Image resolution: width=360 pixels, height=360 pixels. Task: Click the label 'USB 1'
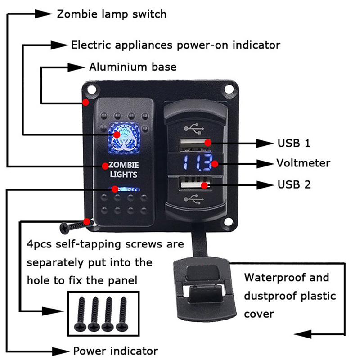click(x=294, y=144)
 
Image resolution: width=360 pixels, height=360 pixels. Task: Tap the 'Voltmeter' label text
click(x=303, y=163)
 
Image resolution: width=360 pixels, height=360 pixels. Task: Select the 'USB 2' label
click(x=294, y=184)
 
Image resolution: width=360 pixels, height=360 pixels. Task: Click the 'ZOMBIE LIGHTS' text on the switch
click(x=123, y=170)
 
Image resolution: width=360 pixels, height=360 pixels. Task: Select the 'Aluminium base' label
click(x=133, y=67)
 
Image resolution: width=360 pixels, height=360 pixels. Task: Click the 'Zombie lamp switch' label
click(x=112, y=14)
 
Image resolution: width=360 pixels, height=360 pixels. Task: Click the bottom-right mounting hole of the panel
click(x=229, y=221)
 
